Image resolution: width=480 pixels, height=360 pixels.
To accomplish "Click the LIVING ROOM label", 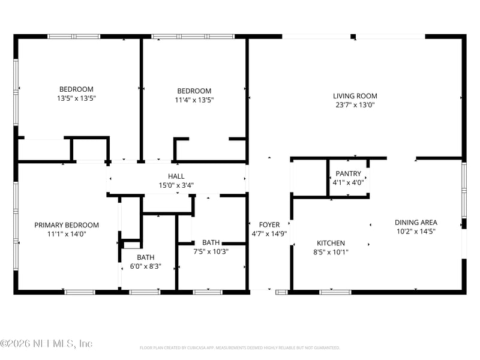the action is (355, 96).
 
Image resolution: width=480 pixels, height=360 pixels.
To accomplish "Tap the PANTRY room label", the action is (349, 173).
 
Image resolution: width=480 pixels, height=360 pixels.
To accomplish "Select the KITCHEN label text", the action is (331, 243).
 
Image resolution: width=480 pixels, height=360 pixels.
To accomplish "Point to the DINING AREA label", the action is (416, 223).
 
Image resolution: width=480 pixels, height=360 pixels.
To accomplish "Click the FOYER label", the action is (269, 224).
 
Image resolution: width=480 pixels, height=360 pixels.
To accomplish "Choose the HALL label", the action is (176, 176).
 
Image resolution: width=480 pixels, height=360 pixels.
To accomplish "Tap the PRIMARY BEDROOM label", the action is (67, 226).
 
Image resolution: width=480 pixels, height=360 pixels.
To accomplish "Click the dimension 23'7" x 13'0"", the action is (355, 105).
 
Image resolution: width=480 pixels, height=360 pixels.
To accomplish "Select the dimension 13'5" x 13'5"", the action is (77, 98).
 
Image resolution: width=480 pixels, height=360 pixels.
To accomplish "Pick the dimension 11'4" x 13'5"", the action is (194, 100).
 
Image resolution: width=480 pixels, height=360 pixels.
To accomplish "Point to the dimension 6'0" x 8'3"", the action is (146, 266).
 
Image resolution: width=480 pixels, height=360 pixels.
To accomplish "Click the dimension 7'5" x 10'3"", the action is (211, 251).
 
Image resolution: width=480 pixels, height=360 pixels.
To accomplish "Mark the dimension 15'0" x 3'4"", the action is (176, 185).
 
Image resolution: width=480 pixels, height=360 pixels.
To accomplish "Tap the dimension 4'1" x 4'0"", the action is (349, 183).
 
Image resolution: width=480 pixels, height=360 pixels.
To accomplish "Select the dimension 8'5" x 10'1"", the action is (331, 252).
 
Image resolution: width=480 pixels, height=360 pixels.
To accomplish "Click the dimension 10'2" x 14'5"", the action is (416, 232).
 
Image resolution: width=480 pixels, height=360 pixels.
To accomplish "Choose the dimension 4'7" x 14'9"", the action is (269, 234).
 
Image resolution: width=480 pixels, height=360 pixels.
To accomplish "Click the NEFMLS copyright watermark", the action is (46, 343).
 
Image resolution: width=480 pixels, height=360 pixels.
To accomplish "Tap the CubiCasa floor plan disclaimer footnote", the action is (239, 348).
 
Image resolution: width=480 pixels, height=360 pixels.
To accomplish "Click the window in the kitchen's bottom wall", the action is (335, 292).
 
